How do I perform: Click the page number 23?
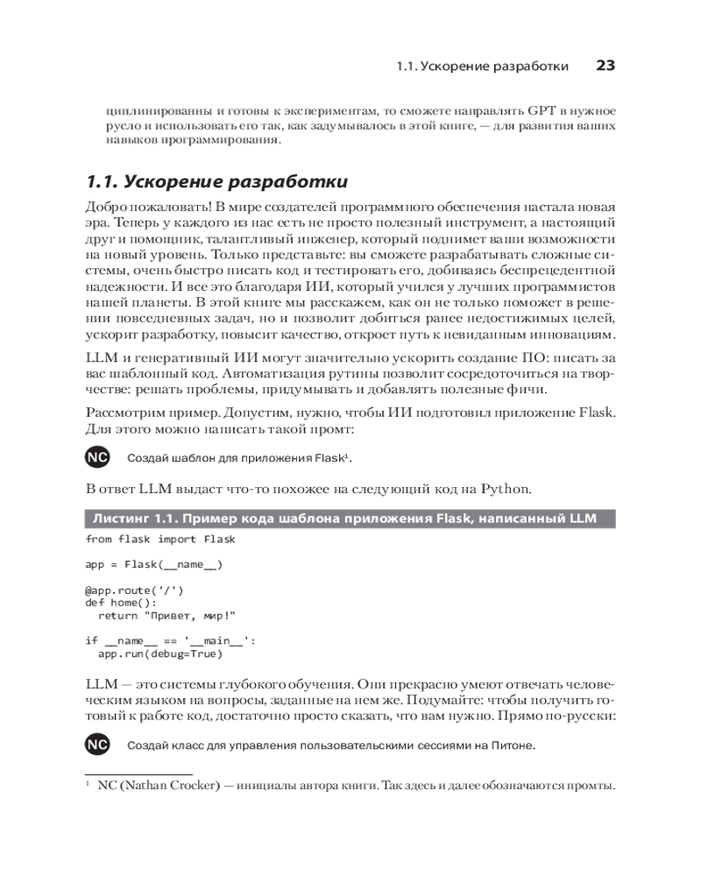tap(605, 66)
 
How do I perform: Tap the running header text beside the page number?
tap(482, 67)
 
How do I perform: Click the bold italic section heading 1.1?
tap(216, 182)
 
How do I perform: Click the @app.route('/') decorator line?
tap(134, 590)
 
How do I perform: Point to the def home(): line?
tap(121, 603)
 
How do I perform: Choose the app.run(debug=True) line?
tap(159, 653)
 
